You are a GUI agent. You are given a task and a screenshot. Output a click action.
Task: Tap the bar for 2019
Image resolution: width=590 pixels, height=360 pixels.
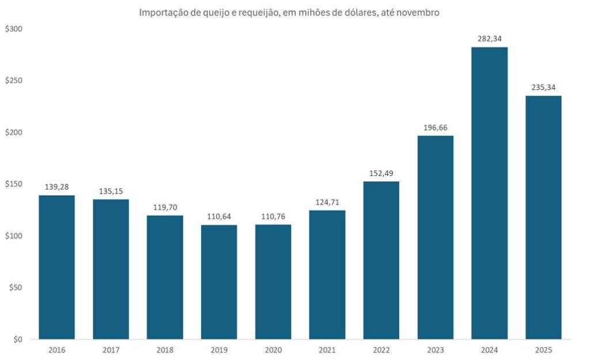click(219, 282)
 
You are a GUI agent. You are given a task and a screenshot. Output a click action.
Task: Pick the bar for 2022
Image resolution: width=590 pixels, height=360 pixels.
click(381, 260)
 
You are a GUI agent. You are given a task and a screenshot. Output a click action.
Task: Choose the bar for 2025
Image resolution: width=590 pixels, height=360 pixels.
click(543, 217)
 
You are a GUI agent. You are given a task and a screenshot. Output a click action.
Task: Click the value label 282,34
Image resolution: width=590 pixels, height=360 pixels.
click(489, 39)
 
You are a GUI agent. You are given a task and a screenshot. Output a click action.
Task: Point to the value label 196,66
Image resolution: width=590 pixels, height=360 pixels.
click(435, 127)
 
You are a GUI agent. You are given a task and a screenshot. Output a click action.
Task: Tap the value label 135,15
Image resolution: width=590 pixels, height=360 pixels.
click(111, 191)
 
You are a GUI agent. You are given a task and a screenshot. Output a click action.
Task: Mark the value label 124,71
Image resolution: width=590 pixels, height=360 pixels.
click(327, 202)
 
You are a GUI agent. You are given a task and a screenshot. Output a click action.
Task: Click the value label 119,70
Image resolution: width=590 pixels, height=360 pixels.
click(165, 207)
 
